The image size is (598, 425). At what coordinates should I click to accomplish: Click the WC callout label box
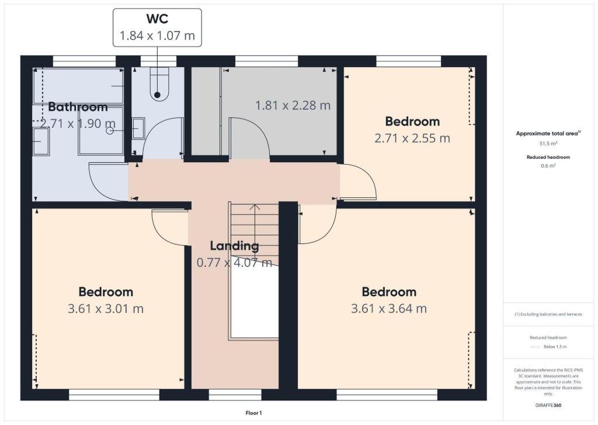157,27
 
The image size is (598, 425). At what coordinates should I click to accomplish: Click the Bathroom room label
78,107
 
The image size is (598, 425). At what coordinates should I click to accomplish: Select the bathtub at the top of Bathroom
78,86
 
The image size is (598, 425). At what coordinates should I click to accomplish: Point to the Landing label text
234,246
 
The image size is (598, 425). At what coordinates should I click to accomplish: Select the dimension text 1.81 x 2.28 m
293,106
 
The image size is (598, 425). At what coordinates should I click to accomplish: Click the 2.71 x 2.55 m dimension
412,138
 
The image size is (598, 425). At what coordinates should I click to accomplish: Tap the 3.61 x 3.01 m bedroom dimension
106,308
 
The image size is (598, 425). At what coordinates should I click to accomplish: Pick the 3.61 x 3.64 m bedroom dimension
388,308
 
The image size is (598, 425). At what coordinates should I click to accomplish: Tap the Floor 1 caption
253,413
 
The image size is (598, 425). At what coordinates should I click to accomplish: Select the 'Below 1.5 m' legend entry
555,347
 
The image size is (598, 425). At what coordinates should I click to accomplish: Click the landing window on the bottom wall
227,395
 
